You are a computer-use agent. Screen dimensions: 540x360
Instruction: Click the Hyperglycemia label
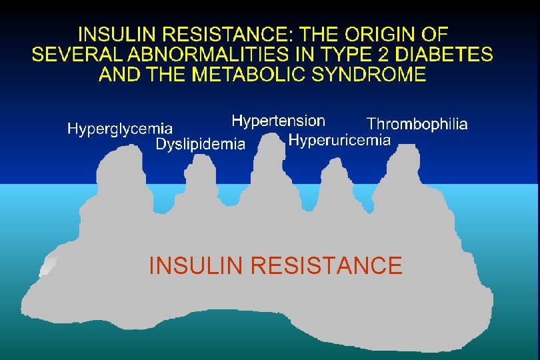click(120, 129)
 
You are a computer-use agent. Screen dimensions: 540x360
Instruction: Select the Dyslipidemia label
click(200, 144)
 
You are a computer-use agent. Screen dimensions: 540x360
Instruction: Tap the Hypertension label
click(278, 121)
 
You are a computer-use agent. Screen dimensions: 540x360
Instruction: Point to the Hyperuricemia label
click(339, 140)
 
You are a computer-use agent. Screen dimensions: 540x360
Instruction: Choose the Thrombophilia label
click(417, 124)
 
